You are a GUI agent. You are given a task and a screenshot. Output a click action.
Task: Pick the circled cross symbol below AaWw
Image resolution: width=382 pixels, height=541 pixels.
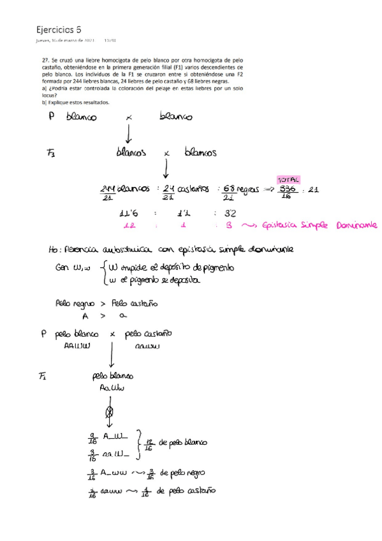(x=109, y=410)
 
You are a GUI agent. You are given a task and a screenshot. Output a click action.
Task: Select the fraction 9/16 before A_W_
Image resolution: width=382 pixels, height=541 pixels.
(x=92, y=439)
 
